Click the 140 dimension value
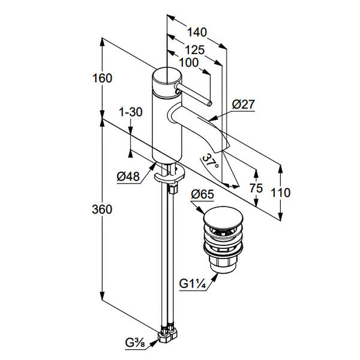(197, 32)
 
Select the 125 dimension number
(194, 50)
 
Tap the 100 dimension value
(189, 62)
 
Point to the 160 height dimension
(102, 78)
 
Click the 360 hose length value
(102, 209)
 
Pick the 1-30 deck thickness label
(131, 112)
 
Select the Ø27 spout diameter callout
(243, 104)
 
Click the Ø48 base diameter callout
(128, 176)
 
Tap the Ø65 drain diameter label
(202, 194)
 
